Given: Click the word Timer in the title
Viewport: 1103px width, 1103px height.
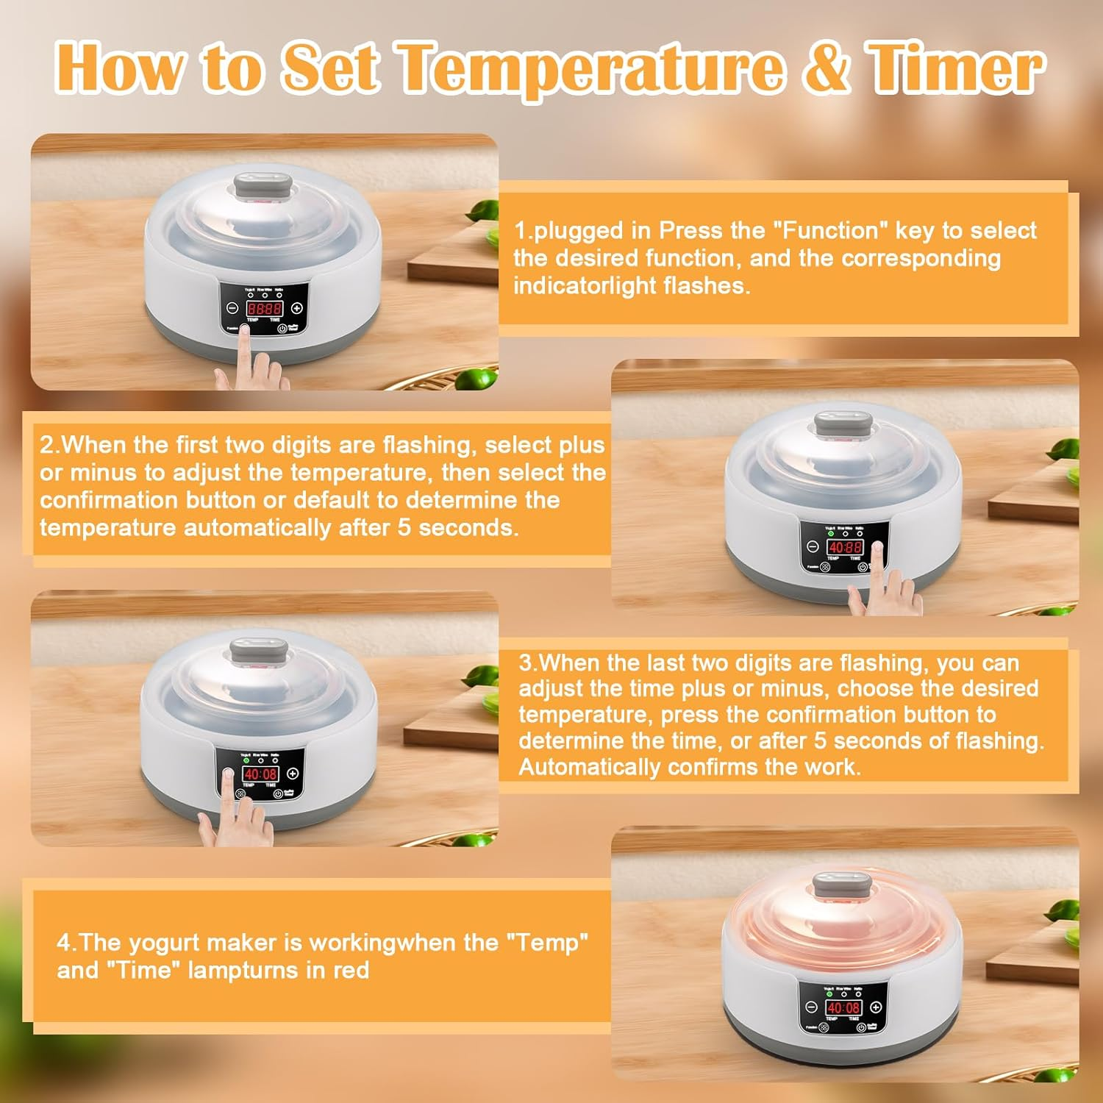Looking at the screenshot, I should click(x=956, y=68).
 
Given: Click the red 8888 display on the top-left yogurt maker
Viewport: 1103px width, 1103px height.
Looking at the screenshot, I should click(x=264, y=309).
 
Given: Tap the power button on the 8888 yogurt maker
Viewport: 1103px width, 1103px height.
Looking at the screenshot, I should click(x=281, y=329).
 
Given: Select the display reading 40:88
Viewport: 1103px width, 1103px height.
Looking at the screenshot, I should click(x=845, y=547).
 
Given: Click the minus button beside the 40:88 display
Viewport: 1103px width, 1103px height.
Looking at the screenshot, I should click(x=813, y=547).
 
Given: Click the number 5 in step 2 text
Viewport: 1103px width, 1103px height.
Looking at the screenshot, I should click(x=404, y=528).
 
